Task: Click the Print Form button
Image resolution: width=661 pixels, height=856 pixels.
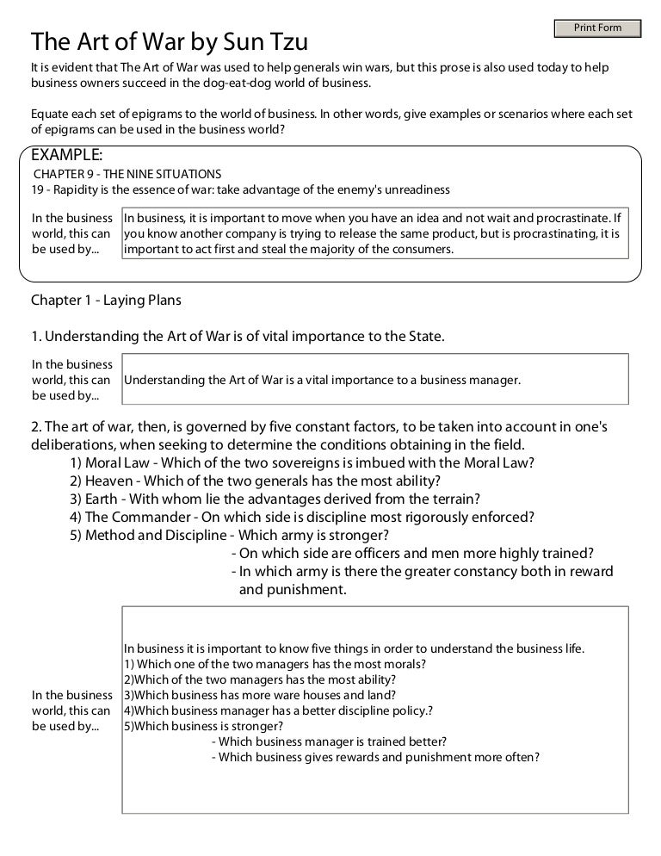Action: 597,28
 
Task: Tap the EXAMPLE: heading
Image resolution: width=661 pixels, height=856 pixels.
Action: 67,155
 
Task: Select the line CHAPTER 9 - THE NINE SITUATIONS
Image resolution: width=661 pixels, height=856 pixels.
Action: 127,174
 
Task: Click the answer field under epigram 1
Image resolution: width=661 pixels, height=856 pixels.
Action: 374,379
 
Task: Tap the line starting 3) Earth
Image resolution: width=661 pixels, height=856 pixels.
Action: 275,499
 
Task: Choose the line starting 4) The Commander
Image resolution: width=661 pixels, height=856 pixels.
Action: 303,517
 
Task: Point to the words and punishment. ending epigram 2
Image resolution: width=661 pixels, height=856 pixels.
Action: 293,590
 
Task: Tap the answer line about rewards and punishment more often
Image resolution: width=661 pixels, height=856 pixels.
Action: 375,757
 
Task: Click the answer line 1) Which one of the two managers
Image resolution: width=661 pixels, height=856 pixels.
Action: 275,664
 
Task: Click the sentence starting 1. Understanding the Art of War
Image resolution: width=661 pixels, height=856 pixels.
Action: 238,336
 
